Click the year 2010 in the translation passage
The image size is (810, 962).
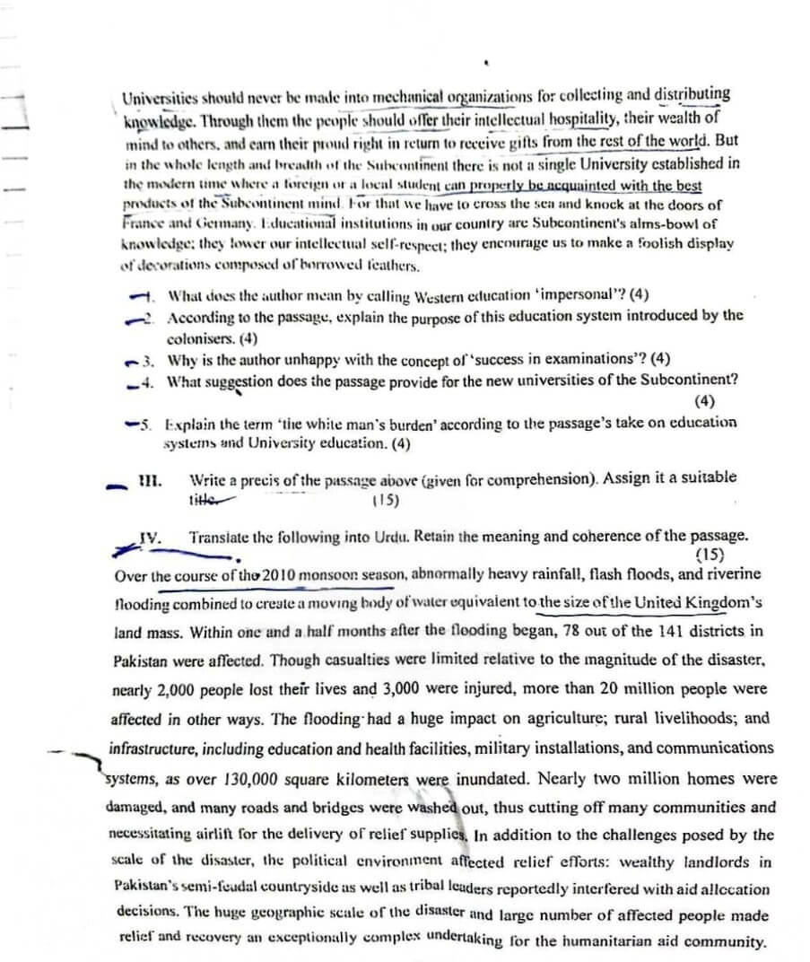[x=293, y=574]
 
